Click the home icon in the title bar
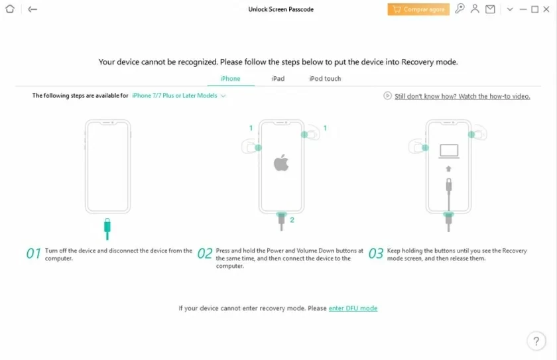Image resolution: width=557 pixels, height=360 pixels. coord(10,9)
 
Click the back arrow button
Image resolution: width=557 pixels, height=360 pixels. coord(32,9)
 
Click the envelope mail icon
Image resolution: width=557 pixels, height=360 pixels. coord(490,9)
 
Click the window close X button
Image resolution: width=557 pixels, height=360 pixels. coord(547,9)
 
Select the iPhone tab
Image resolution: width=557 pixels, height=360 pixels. coord(230,79)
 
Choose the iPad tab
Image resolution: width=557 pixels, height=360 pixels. coord(278,79)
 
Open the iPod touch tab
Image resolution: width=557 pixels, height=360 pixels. coord(325,79)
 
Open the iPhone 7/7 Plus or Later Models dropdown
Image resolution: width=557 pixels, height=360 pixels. coord(179,96)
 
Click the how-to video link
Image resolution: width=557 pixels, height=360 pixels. coord(462,96)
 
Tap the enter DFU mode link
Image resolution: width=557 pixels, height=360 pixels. coord(353,308)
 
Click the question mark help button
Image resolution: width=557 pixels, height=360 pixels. coord(536,341)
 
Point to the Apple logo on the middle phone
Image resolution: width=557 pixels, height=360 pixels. coord(281,162)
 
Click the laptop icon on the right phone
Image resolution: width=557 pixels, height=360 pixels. coord(450,151)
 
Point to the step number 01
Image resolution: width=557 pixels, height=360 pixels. coord(33,253)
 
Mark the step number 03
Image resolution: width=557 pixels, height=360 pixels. coord(375,253)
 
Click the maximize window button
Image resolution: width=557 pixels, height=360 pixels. coord(534,9)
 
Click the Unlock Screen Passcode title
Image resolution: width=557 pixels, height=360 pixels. coord(281,9)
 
